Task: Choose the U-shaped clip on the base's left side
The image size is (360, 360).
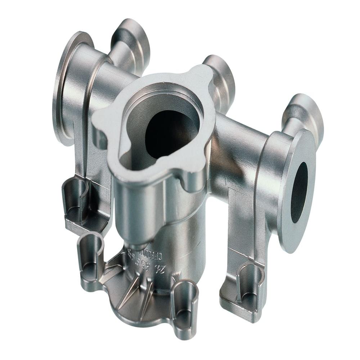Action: pos(90,256)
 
